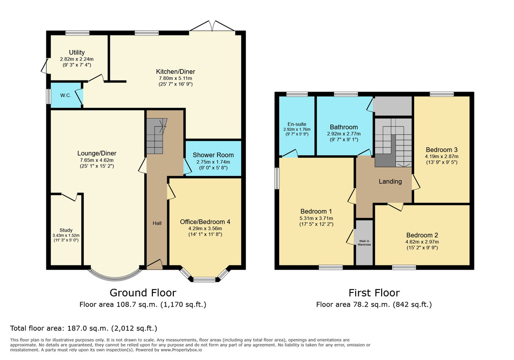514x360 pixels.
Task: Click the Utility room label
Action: (x=77, y=52)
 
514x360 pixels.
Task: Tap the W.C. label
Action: (x=65, y=95)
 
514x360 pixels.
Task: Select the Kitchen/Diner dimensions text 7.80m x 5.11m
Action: (x=175, y=78)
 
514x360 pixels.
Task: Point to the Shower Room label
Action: (x=213, y=155)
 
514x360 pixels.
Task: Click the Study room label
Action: (x=66, y=230)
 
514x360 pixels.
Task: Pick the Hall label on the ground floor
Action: (x=157, y=223)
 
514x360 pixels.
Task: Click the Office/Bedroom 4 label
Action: (x=205, y=222)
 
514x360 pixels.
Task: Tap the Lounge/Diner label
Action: (x=97, y=153)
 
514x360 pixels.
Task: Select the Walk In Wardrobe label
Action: (x=364, y=243)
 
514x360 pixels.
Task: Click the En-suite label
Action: (x=297, y=124)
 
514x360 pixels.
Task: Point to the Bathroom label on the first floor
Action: (x=344, y=127)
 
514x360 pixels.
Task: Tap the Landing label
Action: (x=390, y=181)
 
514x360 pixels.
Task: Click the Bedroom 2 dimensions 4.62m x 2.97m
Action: (x=422, y=242)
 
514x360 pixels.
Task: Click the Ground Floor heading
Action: (x=143, y=292)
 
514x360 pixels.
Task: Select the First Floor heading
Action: (x=374, y=292)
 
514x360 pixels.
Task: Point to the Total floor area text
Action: (x=83, y=328)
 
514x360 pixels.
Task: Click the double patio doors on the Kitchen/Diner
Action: (x=212, y=26)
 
